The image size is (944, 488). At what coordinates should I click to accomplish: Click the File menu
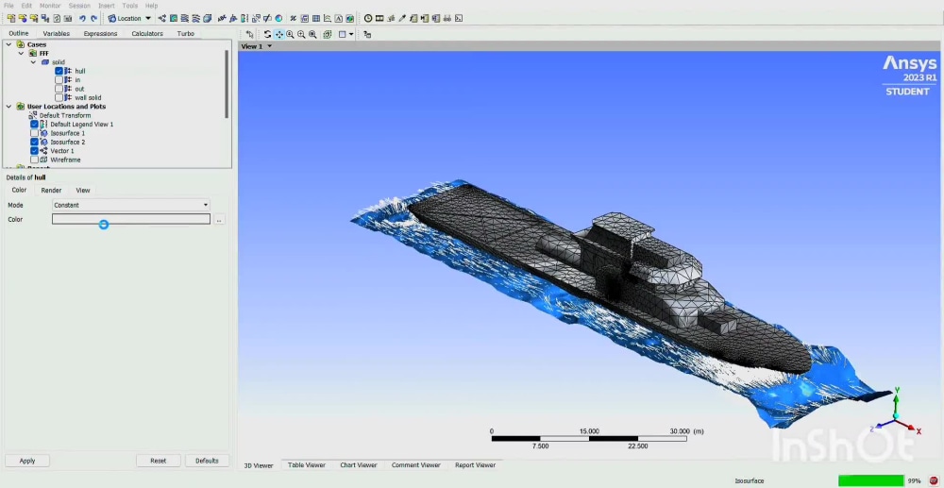tap(8, 6)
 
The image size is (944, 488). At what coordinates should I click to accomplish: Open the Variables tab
tap(56, 33)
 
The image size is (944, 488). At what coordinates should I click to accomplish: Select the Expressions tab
tap(100, 33)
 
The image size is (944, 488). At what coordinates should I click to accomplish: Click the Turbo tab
tap(186, 33)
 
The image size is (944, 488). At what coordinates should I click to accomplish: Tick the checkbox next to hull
tap(59, 71)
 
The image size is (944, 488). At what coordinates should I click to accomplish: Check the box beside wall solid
tap(59, 97)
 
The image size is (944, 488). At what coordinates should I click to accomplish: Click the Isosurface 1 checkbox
tap(35, 133)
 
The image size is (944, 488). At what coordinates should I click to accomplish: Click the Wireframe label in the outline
tap(65, 160)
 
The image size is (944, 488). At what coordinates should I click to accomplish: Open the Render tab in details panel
tap(51, 191)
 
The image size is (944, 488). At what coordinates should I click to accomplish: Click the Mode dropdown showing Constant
tap(131, 205)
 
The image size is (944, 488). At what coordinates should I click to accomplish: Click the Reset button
tap(158, 461)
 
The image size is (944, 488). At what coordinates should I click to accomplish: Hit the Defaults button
tap(207, 461)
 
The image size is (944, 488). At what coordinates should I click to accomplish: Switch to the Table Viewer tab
tap(306, 465)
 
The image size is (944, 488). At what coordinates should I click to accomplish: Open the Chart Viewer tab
tap(358, 465)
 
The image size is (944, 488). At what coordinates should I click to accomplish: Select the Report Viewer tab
tap(475, 465)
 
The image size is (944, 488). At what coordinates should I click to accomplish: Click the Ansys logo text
tap(909, 63)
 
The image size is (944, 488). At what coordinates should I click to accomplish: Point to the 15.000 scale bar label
tap(589, 431)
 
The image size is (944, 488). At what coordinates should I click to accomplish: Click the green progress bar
tap(870, 480)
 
